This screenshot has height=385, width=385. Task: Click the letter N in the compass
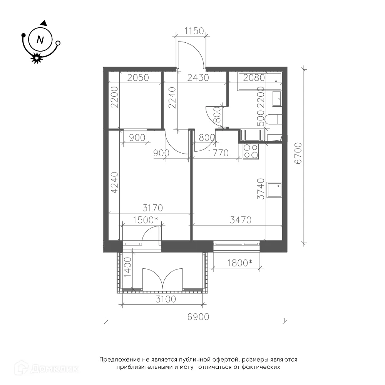(40, 40)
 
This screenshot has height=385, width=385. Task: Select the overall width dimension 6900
(198, 317)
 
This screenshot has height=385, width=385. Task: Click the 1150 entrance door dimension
(194, 31)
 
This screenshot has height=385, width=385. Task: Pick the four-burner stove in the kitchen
(251, 151)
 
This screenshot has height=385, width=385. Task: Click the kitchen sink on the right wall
(275, 189)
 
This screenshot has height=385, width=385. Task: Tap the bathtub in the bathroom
(259, 82)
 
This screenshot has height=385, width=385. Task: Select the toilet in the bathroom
(274, 120)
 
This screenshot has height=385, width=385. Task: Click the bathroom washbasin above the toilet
(277, 99)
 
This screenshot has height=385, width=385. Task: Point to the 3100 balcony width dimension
(166, 299)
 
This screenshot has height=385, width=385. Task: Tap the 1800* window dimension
(239, 263)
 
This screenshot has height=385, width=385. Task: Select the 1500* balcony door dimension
(145, 220)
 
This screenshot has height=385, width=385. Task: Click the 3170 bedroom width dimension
(153, 208)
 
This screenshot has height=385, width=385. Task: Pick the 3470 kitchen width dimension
(241, 220)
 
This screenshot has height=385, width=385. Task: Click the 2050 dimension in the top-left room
(138, 78)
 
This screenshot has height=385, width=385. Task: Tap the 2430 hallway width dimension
(198, 78)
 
